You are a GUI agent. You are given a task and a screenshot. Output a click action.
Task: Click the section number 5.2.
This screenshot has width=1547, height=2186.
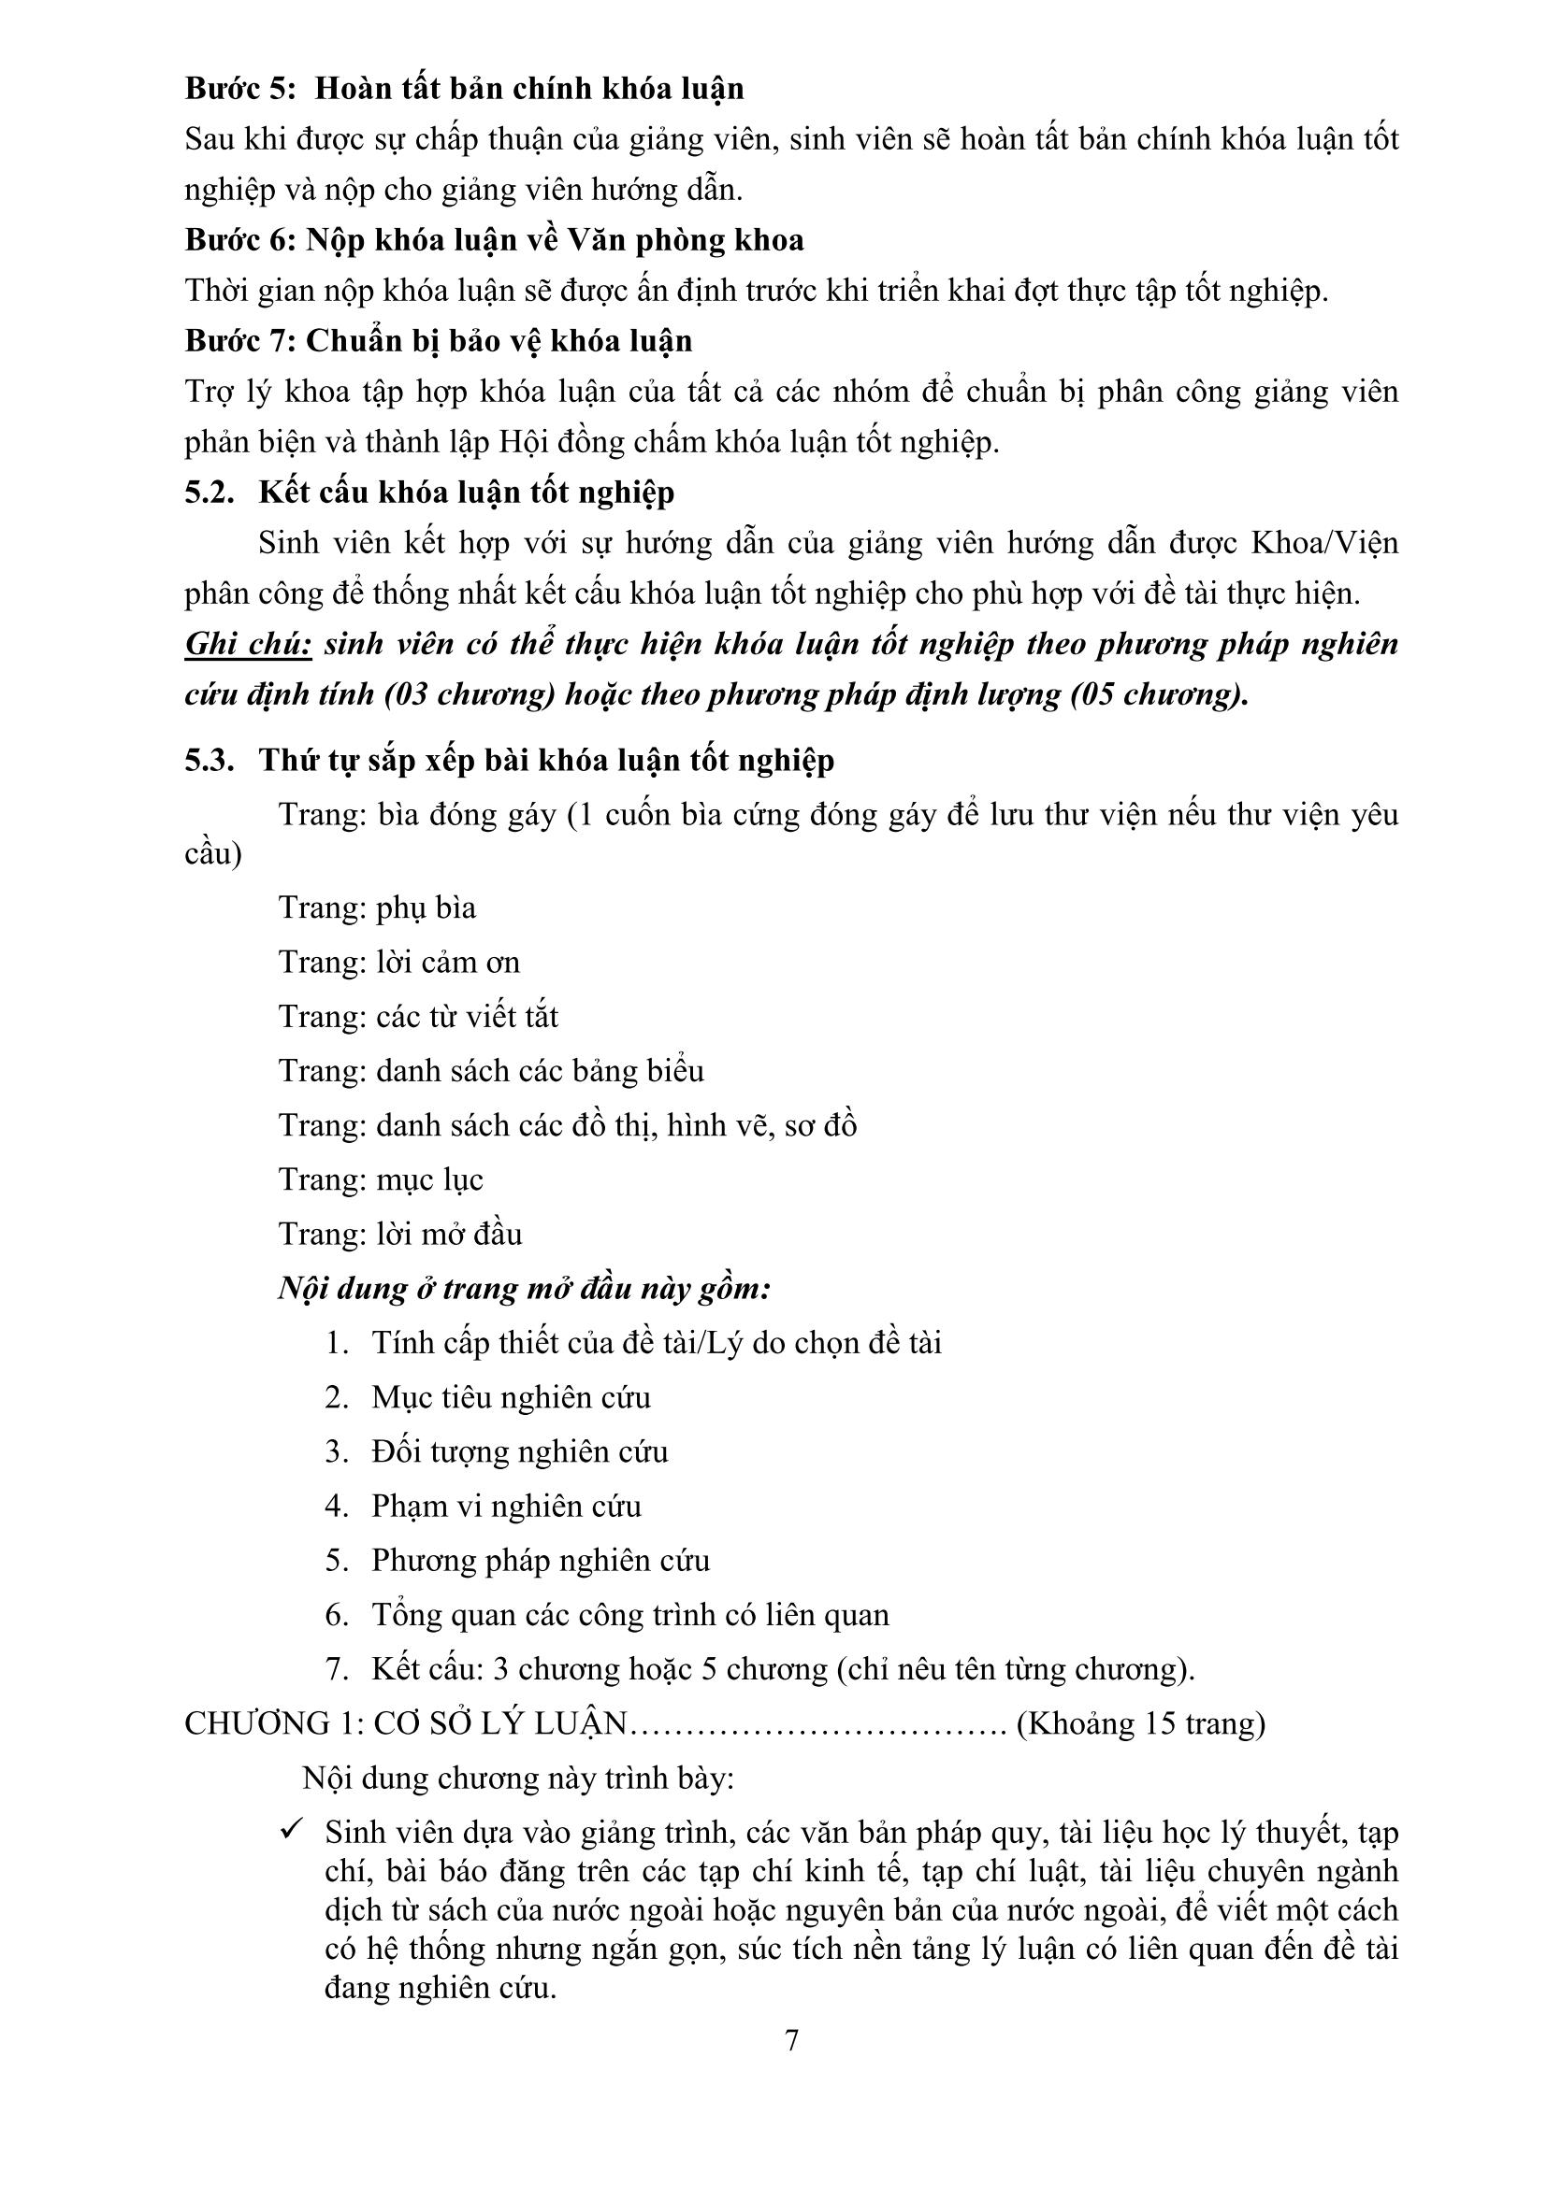210,493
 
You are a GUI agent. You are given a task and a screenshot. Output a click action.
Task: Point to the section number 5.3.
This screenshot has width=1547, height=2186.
210,760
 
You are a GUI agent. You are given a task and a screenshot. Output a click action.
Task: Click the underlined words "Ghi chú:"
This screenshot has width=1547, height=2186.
249,645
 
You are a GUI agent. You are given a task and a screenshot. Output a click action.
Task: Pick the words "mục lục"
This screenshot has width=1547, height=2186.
429,1179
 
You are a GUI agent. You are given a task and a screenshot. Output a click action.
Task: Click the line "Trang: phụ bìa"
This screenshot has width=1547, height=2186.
377,907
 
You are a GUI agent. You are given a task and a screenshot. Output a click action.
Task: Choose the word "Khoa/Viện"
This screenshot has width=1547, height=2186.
1324,543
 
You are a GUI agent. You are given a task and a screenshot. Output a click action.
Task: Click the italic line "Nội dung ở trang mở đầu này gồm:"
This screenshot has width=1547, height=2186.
524,1289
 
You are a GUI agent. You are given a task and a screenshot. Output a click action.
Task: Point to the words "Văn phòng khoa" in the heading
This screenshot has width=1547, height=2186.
685,240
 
